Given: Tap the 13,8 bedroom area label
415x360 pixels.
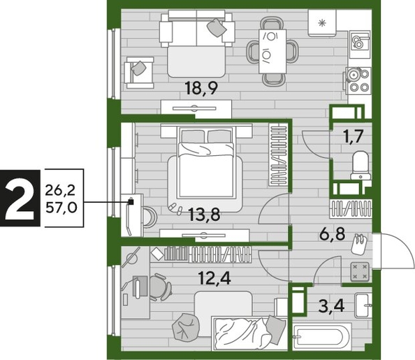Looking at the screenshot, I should pos(204,215).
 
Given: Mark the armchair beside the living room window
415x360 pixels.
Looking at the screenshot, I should pos(139,70).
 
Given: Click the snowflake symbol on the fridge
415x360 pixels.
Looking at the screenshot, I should pos(322,23).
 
